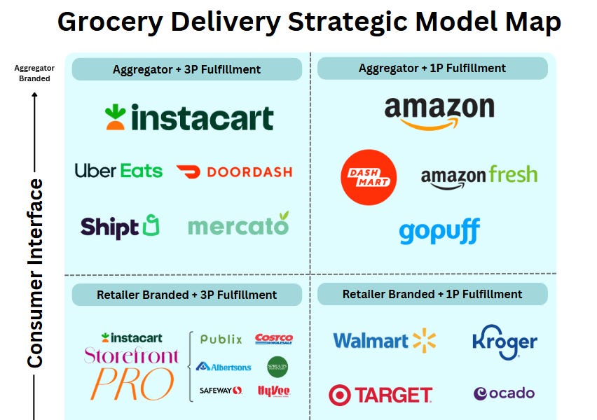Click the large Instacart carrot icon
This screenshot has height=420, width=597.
[116, 117]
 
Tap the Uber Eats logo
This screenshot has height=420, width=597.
[118, 171]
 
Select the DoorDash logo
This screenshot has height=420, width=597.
[234, 171]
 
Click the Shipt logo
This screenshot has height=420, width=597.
[120, 226]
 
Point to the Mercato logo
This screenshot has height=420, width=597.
[238, 225]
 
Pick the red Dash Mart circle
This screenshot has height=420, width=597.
[368, 178]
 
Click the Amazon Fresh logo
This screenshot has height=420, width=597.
[479, 175]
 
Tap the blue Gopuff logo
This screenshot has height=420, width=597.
[439, 232]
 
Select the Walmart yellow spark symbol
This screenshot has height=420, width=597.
[423, 340]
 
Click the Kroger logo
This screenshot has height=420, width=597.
[505, 341]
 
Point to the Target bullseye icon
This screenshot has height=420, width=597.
[340, 395]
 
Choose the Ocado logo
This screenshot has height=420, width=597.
[504, 393]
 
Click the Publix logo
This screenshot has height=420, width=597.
[221, 339]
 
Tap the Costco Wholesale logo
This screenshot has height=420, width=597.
[274, 339]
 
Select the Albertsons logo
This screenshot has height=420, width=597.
[224, 366]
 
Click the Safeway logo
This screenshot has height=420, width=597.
[221, 391]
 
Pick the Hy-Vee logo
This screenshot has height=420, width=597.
[274, 391]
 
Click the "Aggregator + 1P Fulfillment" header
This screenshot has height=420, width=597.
[432, 69]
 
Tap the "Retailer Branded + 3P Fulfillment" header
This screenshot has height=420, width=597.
[186, 295]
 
